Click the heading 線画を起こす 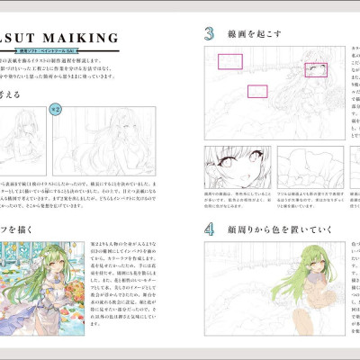tap(256, 34)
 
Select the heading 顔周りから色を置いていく tap(279, 204)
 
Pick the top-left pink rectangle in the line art tap(231, 61)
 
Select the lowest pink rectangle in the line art tap(258, 91)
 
